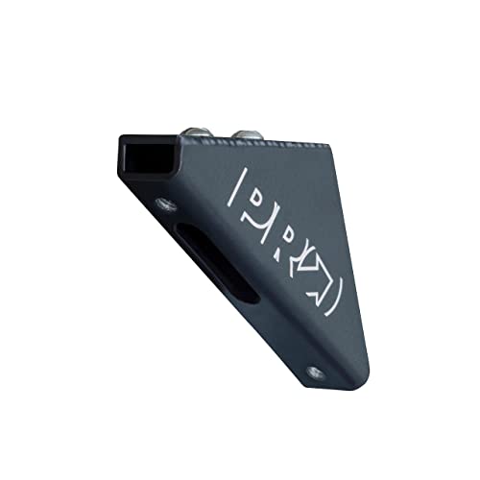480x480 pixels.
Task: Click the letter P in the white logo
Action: point(258,203)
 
